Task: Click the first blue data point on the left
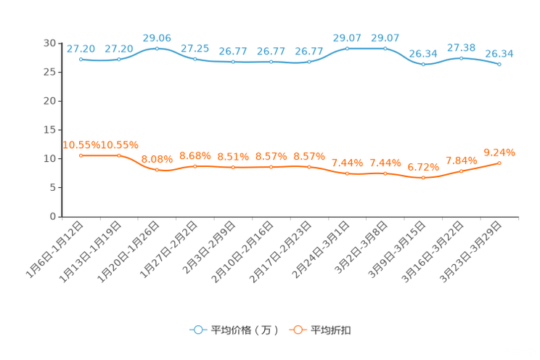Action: coord(81,59)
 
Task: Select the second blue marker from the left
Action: coord(119,59)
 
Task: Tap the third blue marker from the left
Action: coord(157,48)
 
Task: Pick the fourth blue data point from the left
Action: coord(195,59)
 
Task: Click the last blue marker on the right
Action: coord(499,64)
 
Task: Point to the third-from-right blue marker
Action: coord(423,65)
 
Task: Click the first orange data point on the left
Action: coord(81,155)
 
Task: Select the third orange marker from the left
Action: coord(157,169)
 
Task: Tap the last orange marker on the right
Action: coord(499,163)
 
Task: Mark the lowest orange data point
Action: coord(423,177)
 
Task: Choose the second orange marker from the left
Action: coord(119,155)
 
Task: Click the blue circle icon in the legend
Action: coord(197,330)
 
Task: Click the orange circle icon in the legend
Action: coord(297,330)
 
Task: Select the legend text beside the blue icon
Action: coord(245,330)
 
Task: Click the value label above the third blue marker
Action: coord(157,36)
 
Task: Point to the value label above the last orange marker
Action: coord(499,152)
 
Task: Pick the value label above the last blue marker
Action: coord(499,53)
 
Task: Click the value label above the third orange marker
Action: coord(157,158)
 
